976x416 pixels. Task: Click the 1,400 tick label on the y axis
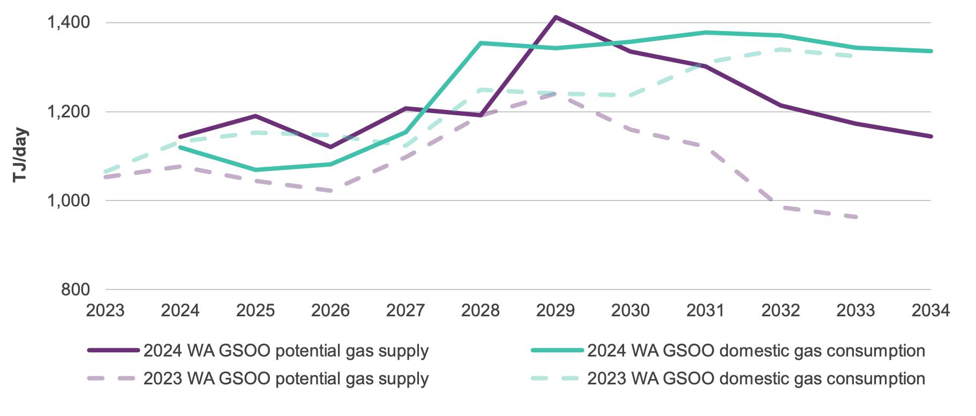click(x=68, y=23)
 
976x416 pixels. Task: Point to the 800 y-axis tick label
click(x=75, y=289)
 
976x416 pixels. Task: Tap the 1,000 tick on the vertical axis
click(x=68, y=201)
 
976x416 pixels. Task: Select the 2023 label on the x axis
click(x=105, y=310)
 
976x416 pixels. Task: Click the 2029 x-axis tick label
click(x=555, y=310)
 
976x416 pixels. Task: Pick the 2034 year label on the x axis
click(x=930, y=310)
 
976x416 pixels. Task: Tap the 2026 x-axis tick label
click(x=331, y=310)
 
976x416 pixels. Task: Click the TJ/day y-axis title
click(x=20, y=155)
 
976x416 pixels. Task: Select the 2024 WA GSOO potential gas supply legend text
click(x=286, y=351)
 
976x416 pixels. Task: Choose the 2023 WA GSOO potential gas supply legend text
click(x=286, y=378)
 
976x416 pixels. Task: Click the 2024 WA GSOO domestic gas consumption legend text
click(x=756, y=351)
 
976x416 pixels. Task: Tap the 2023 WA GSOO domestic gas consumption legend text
click(x=756, y=378)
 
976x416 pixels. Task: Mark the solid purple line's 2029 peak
click(x=556, y=17)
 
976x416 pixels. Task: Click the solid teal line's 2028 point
click(x=481, y=43)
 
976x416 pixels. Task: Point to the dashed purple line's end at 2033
click(x=856, y=217)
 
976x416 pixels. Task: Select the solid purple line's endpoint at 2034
click(x=931, y=136)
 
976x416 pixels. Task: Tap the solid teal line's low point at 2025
click(x=256, y=170)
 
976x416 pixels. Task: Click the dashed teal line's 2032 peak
click(x=780, y=49)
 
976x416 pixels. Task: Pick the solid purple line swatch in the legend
click(x=114, y=351)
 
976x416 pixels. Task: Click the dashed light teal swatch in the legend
click(x=557, y=378)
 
